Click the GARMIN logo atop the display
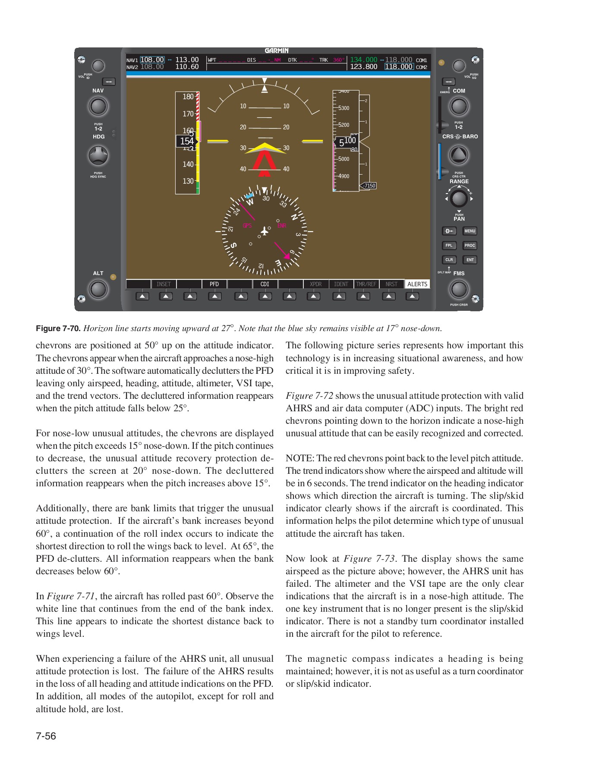coord(277,51)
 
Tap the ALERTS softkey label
coord(417,284)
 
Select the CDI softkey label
coord(265,284)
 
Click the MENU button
coord(470,231)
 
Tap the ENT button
coord(470,260)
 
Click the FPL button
coord(449,245)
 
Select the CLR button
coord(449,260)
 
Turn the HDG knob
coord(98,156)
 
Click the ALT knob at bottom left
coord(98,289)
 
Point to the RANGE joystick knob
coord(458,199)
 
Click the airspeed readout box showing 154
coord(187,141)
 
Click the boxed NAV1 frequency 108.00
coord(152,60)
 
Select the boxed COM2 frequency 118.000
coord(399,67)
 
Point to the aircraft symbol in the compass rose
coord(265,232)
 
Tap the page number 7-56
coord(46,736)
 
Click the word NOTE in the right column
coord(299,458)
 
